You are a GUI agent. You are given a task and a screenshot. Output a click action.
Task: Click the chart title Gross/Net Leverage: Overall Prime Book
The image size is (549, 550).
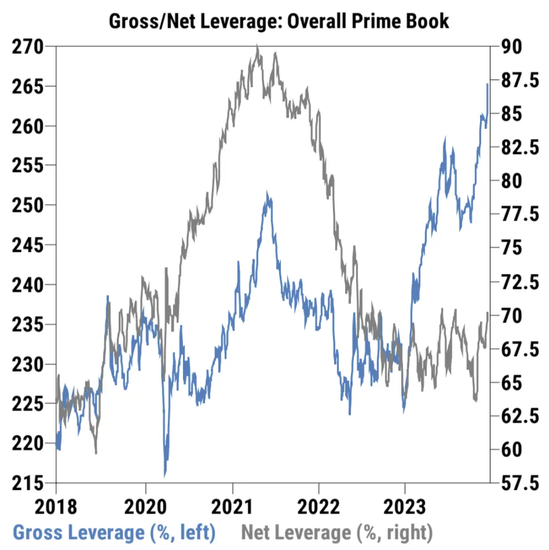(x=279, y=21)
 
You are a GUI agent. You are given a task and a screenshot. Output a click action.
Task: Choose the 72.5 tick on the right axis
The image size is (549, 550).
(x=520, y=282)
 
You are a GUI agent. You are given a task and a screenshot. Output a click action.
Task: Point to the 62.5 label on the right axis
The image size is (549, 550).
(x=520, y=416)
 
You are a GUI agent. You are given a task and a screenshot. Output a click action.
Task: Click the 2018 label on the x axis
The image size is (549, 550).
(x=56, y=507)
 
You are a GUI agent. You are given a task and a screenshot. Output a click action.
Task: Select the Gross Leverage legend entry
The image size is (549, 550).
(x=114, y=533)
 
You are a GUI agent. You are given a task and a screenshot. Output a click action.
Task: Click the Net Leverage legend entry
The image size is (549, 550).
(x=337, y=533)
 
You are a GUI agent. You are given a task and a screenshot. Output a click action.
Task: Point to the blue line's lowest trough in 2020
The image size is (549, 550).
(x=165, y=475)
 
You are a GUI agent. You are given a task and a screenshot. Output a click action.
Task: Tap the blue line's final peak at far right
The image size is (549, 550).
(x=487, y=84)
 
